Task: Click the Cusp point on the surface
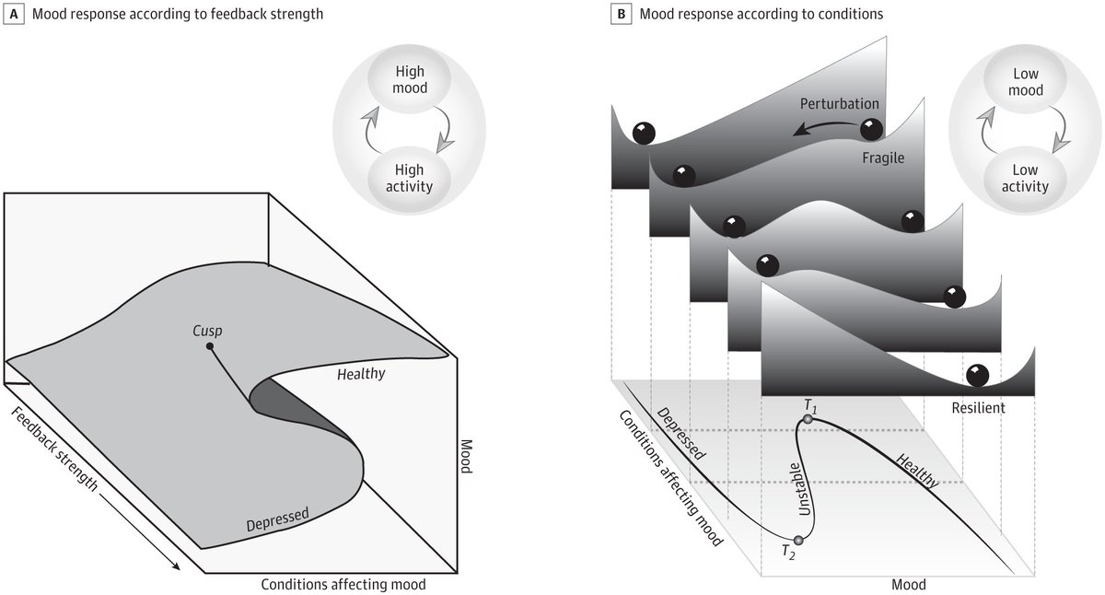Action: pyautogui.click(x=211, y=346)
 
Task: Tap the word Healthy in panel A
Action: pyautogui.click(x=361, y=375)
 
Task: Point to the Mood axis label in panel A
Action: pyautogui.click(x=465, y=454)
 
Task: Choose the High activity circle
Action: pyautogui.click(x=396, y=177)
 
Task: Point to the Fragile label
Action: pyautogui.click(x=879, y=157)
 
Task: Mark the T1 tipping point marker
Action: pyautogui.click(x=808, y=419)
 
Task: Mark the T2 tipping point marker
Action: pyautogui.click(x=797, y=540)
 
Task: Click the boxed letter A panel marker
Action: pyautogui.click(x=14, y=16)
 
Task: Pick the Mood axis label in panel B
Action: pyautogui.click(x=909, y=584)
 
